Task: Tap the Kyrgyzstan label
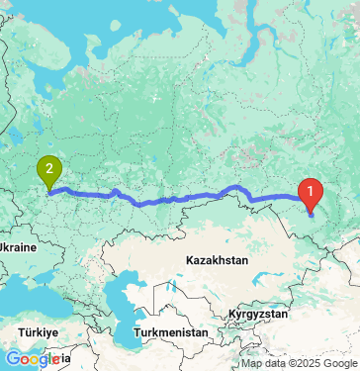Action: point(255,313)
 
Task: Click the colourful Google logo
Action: point(32,358)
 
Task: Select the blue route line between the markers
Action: point(178,198)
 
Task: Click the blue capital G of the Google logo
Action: point(11,358)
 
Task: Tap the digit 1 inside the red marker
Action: point(312,186)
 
